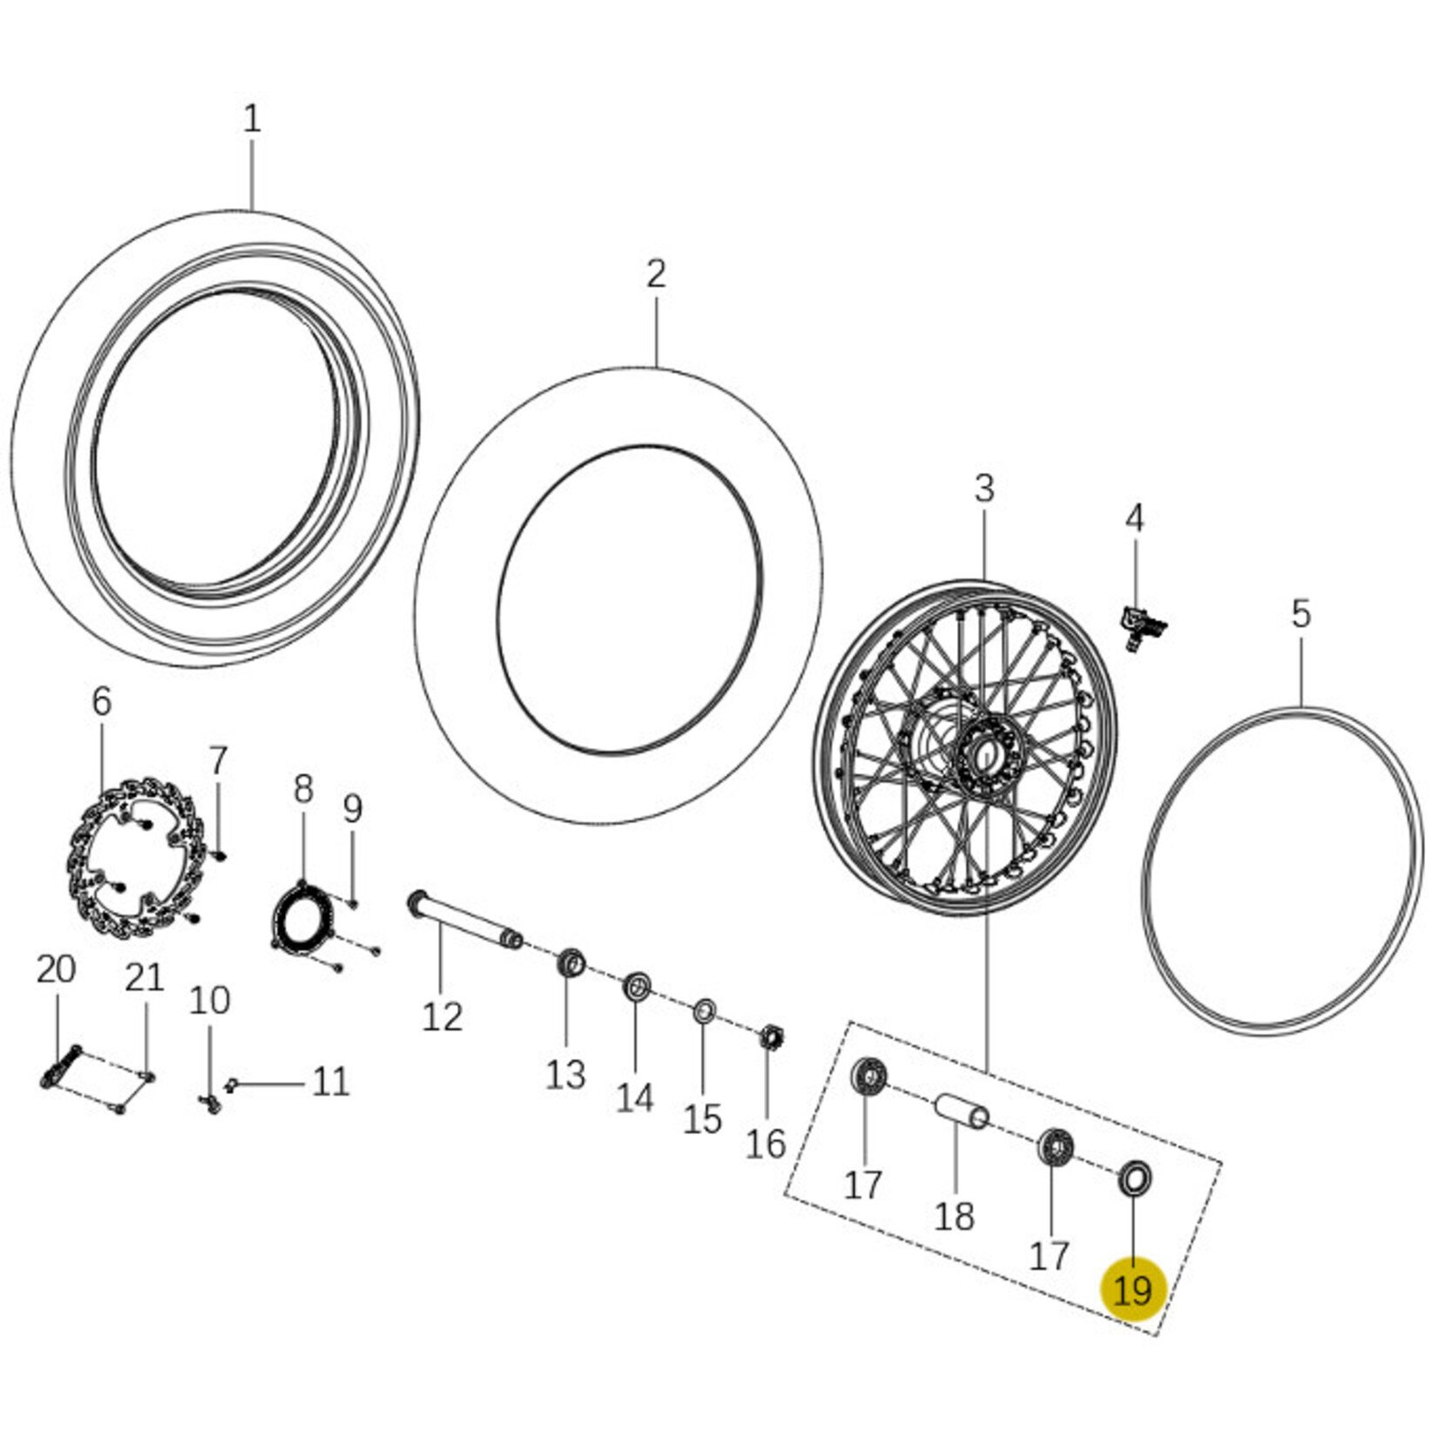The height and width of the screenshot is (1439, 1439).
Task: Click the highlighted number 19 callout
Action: [x=1132, y=1289]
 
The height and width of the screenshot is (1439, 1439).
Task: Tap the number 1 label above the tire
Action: [x=252, y=119]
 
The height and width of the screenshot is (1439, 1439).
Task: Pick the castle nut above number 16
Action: [x=770, y=1038]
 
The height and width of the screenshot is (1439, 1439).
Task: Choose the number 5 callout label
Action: [x=1301, y=614]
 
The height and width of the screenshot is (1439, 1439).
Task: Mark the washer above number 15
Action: [x=704, y=1012]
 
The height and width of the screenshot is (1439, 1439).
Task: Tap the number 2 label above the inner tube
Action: [x=656, y=274]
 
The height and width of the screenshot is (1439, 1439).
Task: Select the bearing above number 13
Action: [x=571, y=965]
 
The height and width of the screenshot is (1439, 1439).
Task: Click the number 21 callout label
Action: [x=145, y=978]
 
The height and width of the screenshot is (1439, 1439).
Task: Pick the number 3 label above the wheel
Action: [x=983, y=489]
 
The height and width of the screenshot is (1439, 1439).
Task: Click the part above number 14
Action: [x=636, y=988]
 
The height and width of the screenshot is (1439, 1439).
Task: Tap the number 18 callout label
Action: [x=954, y=1215]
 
